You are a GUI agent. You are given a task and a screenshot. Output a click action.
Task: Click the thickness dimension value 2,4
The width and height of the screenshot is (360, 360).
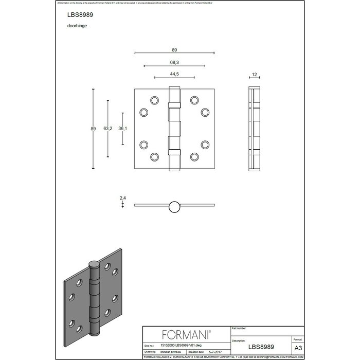[x=123, y=197]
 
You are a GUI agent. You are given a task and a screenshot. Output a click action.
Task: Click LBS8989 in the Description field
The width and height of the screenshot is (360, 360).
[x=260, y=347]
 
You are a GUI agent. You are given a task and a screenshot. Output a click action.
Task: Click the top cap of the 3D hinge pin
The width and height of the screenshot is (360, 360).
[x=94, y=264]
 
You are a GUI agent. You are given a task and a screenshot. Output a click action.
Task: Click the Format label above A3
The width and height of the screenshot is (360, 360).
[x=298, y=340]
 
